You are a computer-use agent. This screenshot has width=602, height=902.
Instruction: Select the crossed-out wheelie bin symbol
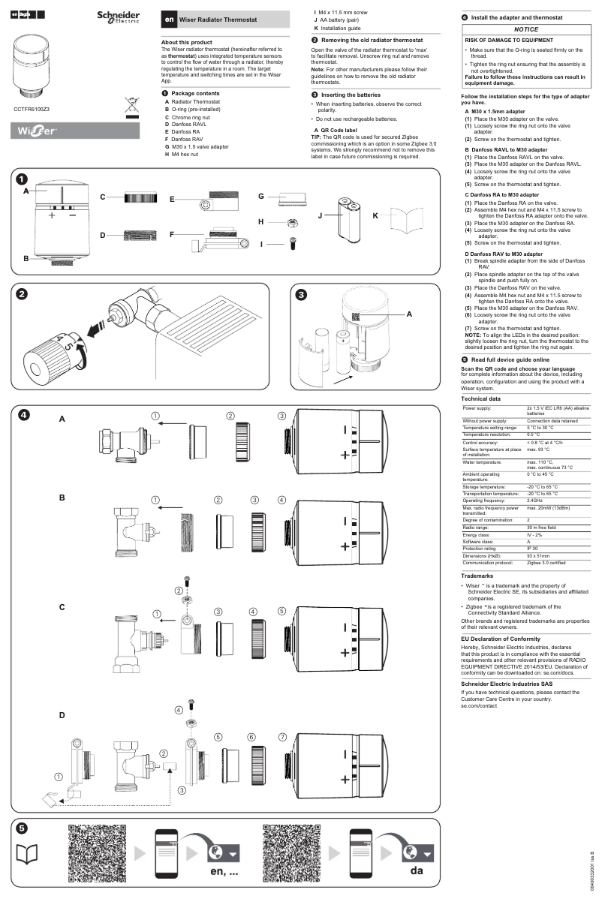(132, 107)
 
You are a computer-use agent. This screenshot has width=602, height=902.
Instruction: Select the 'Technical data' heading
(480, 398)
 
